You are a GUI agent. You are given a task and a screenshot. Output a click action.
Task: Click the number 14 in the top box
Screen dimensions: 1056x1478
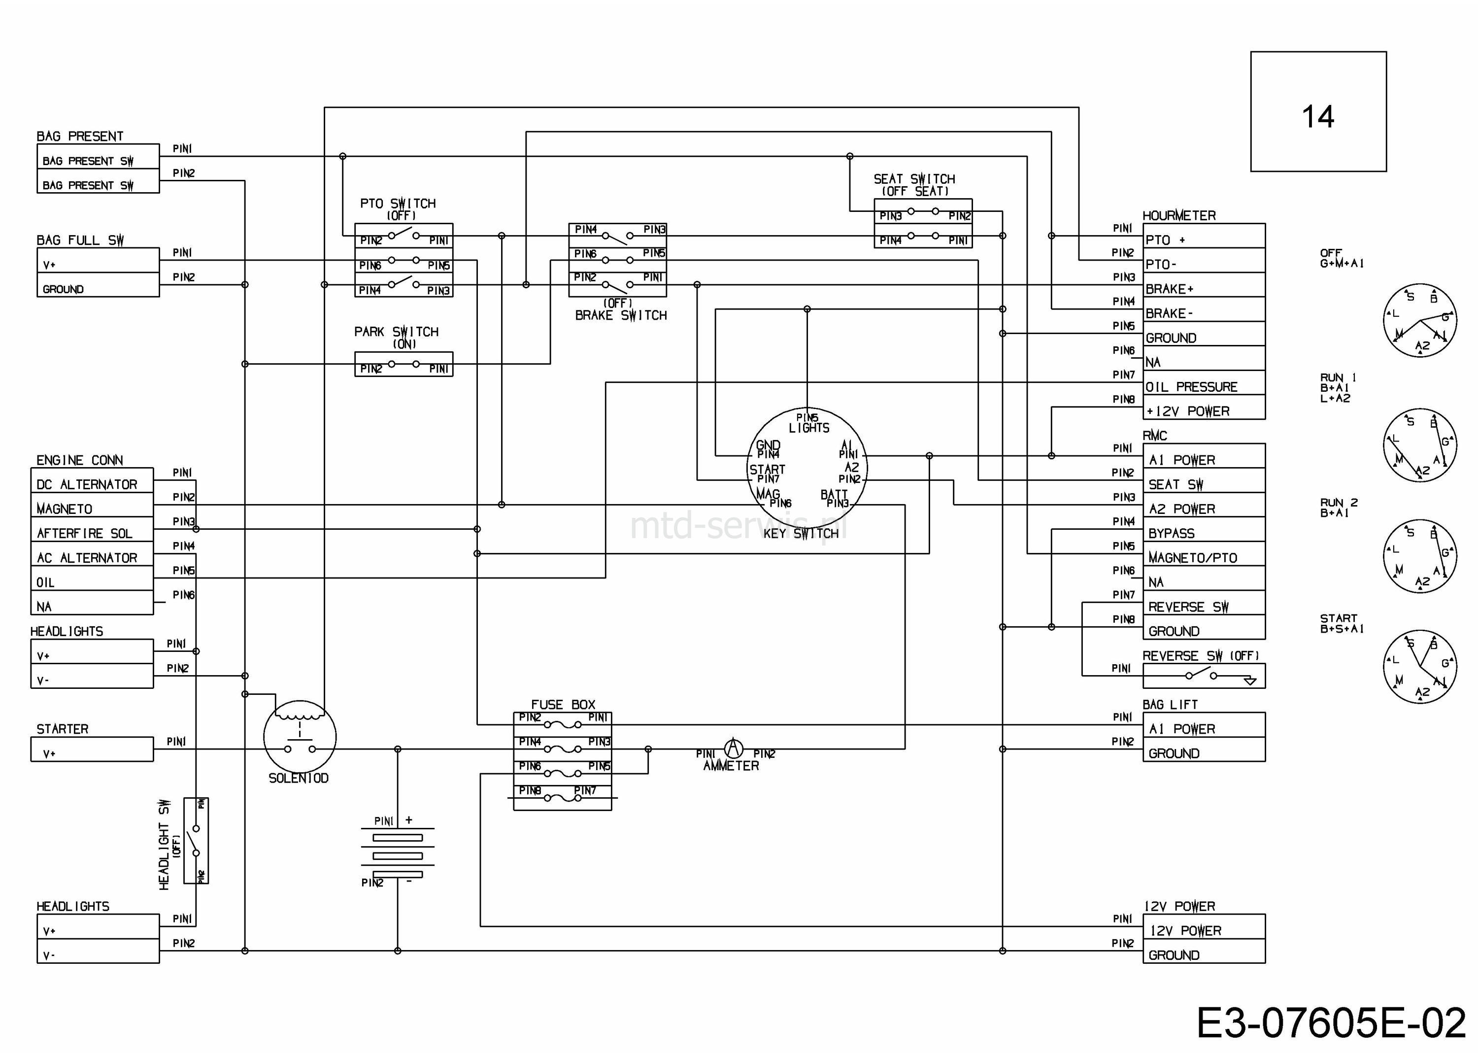(x=1317, y=117)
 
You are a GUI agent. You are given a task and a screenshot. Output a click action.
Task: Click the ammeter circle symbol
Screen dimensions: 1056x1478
(x=733, y=748)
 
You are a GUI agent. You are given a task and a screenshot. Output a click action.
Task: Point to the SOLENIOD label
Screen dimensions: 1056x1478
(x=299, y=779)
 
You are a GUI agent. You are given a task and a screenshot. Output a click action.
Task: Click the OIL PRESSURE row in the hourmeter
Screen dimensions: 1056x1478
(x=1191, y=387)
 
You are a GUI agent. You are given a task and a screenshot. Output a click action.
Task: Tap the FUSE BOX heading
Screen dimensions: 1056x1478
(x=563, y=705)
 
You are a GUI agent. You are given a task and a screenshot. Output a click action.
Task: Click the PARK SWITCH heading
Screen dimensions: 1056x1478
(x=397, y=332)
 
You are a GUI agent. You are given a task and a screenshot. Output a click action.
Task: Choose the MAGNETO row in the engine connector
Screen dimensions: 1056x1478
(x=65, y=509)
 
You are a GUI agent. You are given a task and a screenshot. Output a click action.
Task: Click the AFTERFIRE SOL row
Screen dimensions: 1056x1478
(x=85, y=534)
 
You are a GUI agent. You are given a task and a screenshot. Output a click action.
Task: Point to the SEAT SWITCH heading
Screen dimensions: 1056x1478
(x=914, y=179)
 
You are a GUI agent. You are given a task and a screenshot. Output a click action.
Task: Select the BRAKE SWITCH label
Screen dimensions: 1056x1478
(x=621, y=315)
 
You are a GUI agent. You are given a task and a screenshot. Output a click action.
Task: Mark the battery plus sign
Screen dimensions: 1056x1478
(x=409, y=820)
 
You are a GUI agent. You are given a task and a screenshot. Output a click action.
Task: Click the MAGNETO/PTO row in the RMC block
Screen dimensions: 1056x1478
(x=1192, y=558)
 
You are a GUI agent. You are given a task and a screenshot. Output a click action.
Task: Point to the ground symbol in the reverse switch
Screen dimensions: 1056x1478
(x=1249, y=681)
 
